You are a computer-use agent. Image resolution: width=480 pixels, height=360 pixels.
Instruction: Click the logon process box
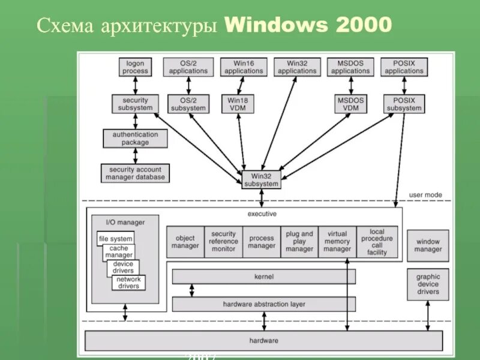coord(135,67)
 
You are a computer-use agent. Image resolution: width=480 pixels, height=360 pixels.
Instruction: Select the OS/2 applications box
coord(188,67)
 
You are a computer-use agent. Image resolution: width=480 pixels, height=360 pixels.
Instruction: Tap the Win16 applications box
coord(244,67)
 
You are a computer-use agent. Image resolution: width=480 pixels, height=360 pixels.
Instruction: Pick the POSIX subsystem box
coord(403,104)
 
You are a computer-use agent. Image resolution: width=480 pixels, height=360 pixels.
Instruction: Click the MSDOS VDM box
coord(351,104)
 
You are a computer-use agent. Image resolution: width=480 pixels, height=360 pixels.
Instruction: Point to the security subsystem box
coord(135,104)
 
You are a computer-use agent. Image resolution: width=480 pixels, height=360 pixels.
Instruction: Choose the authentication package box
coord(135,139)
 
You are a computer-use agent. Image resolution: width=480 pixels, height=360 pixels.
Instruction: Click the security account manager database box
coord(135,173)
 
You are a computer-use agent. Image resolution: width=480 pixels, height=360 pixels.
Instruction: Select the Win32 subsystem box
coord(261,179)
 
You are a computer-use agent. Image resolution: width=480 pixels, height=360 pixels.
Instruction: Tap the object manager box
coord(185,242)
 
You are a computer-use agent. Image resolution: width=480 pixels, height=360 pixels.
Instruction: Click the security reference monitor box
coord(223,242)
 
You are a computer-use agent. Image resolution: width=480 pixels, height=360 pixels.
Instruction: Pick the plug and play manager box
coord(299,242)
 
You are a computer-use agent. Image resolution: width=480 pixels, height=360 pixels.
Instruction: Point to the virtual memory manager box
coord(337,242)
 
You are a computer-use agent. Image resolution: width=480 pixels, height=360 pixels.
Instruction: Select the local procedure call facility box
coord(377,242)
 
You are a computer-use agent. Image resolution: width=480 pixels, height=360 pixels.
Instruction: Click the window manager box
coord(428,245)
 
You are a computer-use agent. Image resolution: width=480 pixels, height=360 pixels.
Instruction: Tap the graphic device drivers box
coord(428,284)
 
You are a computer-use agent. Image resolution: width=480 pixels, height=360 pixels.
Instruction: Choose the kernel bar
coord(264,277)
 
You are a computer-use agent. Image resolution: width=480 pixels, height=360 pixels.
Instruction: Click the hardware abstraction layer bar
coord(264,304)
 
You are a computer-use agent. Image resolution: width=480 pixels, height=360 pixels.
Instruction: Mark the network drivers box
coord(128,283)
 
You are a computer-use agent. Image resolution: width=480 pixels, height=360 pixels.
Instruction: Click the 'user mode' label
coord(425,195)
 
